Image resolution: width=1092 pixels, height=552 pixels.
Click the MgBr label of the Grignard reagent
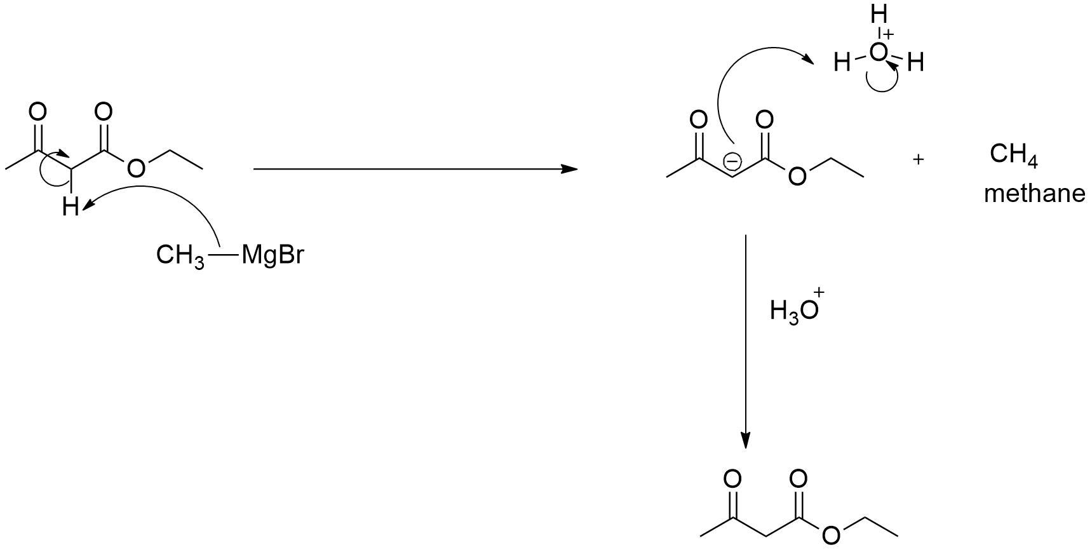pos(273,255)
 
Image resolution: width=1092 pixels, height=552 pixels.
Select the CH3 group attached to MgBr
pos(180,256)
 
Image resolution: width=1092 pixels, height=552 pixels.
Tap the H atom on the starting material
pos(70,207)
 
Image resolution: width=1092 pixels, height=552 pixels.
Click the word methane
pos(1034,193)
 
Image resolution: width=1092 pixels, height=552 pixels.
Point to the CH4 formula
pos(1013,155)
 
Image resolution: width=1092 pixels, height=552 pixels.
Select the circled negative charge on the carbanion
pos(732,162)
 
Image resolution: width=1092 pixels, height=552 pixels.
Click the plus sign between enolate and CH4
pos(917,159)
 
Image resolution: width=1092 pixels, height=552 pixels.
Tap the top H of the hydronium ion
pos(879,14)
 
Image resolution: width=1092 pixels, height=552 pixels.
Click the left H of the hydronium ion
pos(842,63)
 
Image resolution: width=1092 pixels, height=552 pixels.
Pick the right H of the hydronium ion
pos(915,63)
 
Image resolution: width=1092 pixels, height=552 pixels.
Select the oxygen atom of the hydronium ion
pos(878,53)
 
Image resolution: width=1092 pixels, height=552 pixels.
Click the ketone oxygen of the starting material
pos(37,112)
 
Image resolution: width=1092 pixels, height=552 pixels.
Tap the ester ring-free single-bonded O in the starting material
pos(136,168)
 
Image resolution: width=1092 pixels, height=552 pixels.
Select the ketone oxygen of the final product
pos(732,478)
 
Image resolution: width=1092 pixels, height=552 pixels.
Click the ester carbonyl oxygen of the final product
pos(798,478)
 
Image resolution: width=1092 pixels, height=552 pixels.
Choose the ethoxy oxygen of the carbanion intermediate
pos(797,176)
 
